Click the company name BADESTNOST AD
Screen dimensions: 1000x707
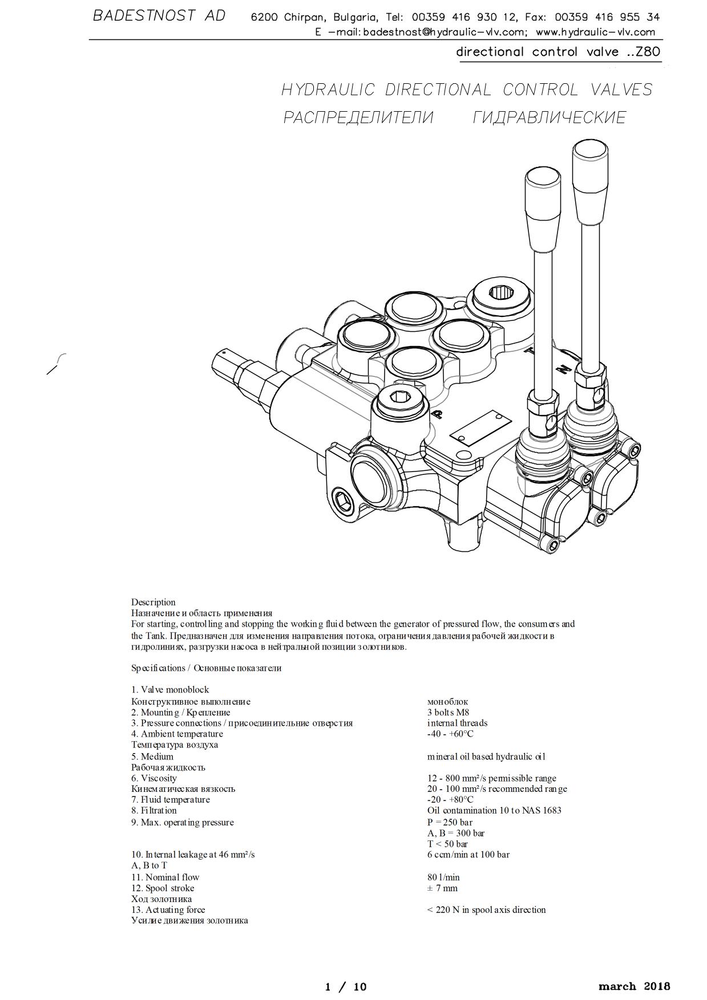[x=159, y=16]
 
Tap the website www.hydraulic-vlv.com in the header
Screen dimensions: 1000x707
[x=595, y=32]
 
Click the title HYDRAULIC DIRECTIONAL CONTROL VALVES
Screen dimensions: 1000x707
[x=466, y=90]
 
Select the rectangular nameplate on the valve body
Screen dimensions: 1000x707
[x=480, y=428]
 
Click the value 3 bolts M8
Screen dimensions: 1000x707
[x=448, y=712]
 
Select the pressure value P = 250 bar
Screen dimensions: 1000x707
[x=450, y=822]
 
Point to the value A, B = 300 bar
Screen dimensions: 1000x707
[x=455, y=833]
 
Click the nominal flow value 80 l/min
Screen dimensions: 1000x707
[x=443, y=877]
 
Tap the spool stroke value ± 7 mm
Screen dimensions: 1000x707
[x=442, y=888]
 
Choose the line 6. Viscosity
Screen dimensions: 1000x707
[x=154, y=778]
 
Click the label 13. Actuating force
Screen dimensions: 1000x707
[x=168, y=909]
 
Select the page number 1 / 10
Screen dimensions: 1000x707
[x=345, y=987]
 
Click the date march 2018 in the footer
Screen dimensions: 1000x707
[x=634, y=986]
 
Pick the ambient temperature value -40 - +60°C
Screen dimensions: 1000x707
[x=450, y=734]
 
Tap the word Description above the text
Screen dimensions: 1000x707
[x=153, y=602]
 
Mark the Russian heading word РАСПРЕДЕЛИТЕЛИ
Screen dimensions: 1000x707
[x=358, y=117]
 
